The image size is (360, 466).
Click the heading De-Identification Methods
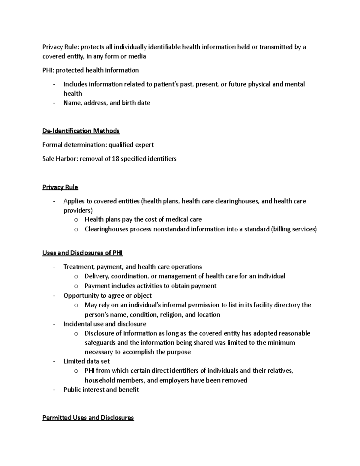point(81,131)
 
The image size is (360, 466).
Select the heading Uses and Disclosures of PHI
point(82,253)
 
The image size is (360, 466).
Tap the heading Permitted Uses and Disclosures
point(88,417)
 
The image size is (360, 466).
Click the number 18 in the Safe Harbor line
point(115,159)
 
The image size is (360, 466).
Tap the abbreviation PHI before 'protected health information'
point(47,70)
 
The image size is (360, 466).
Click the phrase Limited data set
point(86,361)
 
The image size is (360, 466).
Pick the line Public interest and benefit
point(101,389)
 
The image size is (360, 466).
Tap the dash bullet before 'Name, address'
point(54,103)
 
